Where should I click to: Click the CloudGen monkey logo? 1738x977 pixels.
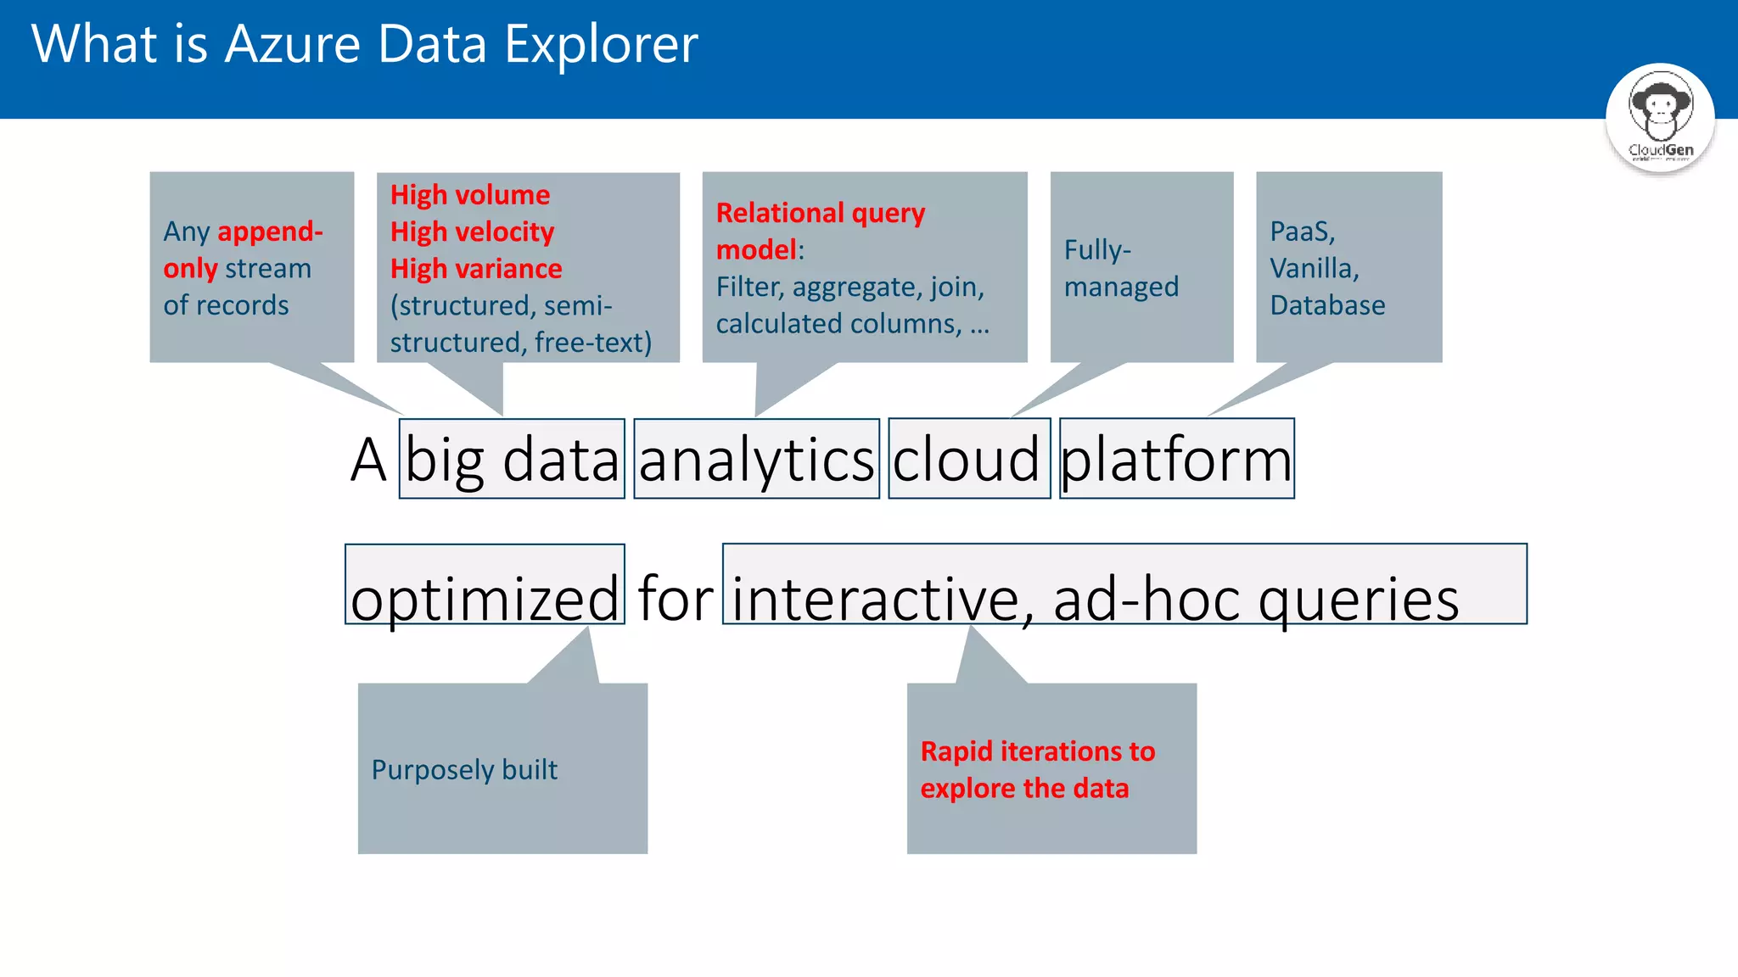click(1660, 117)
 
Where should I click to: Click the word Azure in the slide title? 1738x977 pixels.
click(293, 44)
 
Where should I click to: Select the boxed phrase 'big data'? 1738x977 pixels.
click(512, 459)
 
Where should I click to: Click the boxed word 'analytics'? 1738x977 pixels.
click(756, 459)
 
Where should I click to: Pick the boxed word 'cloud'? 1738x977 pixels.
click(967, 459)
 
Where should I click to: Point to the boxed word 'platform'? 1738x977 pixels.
click(1176, 459)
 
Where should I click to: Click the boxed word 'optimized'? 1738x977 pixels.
click(485, 597)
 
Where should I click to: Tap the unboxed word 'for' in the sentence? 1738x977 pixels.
click(675, 597)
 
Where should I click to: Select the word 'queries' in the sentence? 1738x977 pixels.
click(1358, 597)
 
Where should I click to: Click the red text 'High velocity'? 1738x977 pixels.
click(472, 232)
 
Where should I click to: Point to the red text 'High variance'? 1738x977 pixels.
click(476, 269)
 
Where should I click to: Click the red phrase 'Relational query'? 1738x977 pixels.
click(820, 212)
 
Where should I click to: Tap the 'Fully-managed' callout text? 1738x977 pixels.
click(1120, 268)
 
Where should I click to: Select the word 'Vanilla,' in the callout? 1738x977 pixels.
click(1314, 268)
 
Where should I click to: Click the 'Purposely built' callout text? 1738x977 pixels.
click(464, 769)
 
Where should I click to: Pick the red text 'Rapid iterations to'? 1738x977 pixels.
click(1037, 751)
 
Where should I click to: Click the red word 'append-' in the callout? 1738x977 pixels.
click(270, 232)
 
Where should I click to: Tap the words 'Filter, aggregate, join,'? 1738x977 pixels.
click(849, 287)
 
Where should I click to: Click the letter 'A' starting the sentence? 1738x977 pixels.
click(368, 459)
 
